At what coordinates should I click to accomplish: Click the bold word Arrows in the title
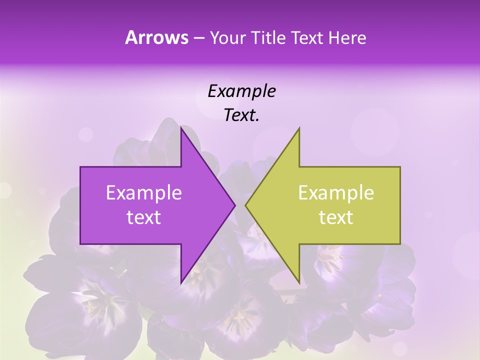(x=157, y=37)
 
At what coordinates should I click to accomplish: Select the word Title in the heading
(x=269, y=38)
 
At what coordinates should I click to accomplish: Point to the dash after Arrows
(x=199, y=38)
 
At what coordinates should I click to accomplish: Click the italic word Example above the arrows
(x=241, y=91)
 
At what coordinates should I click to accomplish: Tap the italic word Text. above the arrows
(x=241, y=115)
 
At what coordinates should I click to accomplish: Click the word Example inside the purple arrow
(x=144, y=193)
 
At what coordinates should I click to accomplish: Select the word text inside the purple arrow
(x=144, y=217)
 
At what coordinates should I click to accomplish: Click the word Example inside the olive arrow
(x=336, y=193)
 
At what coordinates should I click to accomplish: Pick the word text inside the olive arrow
(x=336, y=217)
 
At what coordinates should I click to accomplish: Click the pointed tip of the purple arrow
(x=235, y=205)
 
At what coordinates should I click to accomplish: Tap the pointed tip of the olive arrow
(x=245, y=205)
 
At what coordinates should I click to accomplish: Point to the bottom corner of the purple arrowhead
(x=181, y=283)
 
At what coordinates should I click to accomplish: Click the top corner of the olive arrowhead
(x=299, y=128)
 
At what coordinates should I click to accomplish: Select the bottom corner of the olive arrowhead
(x=299, y=282)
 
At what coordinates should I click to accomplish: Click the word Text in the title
(x=308, y=38)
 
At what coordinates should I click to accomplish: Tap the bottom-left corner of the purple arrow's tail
(x=80, y=244)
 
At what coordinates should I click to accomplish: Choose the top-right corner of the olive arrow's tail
(x=400, y=167)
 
